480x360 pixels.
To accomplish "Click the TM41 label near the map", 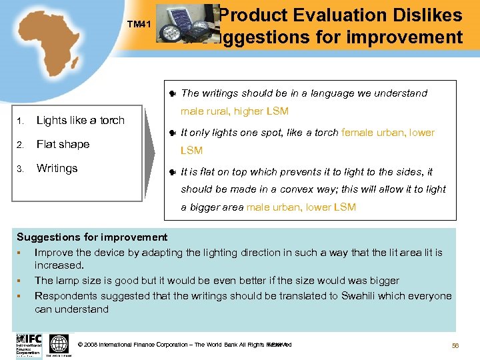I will [140, 25].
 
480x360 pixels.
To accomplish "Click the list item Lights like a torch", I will [80, 121].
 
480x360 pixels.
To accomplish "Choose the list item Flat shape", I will [63, 145].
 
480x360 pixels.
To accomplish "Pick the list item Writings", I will [57, 169].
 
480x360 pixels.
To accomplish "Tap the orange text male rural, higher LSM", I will [235, 111].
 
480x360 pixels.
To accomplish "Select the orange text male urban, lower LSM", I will [301, 207].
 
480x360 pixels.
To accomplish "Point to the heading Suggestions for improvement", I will [92, 237].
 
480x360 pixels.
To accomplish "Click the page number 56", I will [456, 345].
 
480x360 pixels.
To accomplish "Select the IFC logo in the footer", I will [29, 345].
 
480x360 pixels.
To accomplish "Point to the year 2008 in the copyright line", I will [90, 345].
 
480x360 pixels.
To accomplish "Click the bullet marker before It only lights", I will [173, 133].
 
